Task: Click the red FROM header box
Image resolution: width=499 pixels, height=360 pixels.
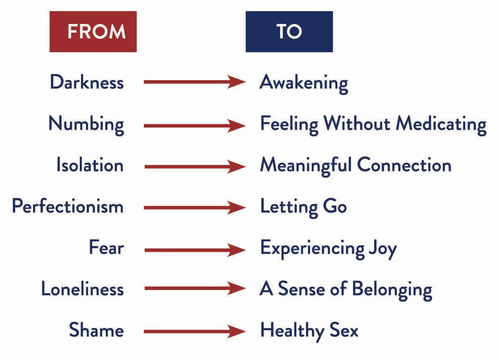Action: click(93, 32)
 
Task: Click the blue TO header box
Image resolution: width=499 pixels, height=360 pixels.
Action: click(289, 32)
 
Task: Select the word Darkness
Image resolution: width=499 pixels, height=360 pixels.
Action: click(87, 82)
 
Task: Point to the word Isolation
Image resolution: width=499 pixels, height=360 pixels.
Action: click(90, 165)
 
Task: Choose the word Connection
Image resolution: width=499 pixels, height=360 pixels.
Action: click(404, 165)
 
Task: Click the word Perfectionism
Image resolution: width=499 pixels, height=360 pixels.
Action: click(68, 206)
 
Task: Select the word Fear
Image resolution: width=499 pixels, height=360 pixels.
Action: click(106, 248)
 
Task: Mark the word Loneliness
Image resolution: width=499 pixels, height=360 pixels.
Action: click(82, 289)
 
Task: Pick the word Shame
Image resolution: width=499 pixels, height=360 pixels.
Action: click(96, 331)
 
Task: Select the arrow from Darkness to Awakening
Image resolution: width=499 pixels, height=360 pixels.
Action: click(194, 82)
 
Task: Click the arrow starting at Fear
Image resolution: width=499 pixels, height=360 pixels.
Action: click(194, 250)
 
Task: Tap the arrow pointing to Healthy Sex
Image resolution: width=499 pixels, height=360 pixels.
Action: click(194, 331)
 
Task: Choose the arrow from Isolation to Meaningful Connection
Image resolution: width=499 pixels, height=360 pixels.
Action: click(194, 167)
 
